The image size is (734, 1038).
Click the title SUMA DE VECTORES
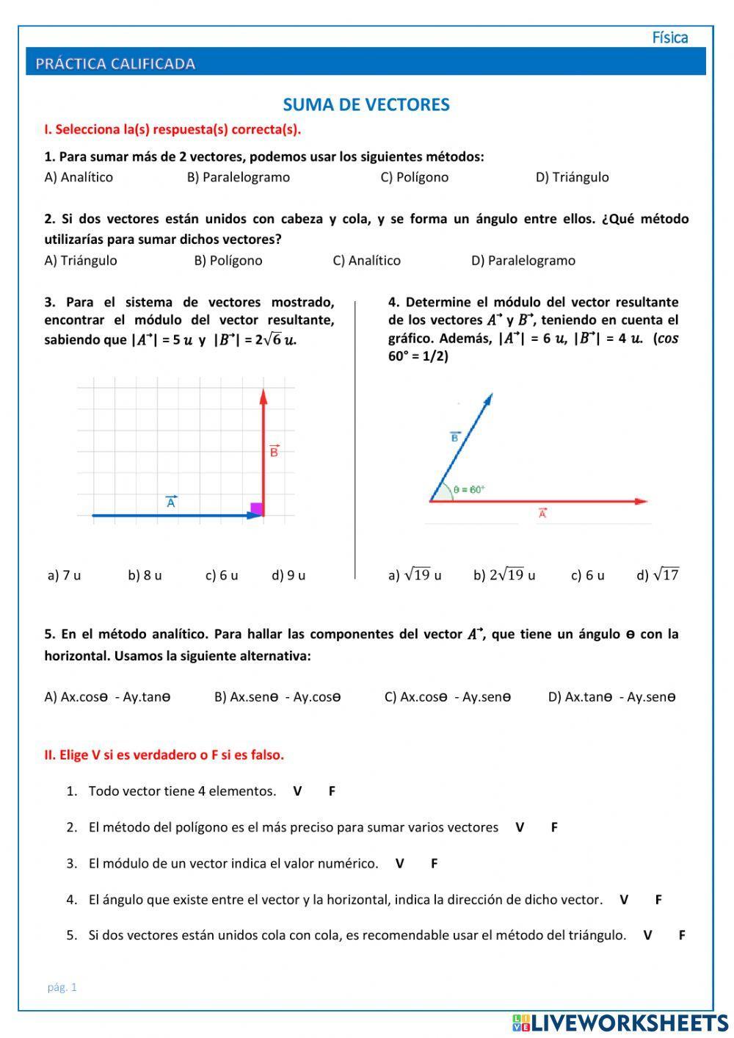click(366, 105)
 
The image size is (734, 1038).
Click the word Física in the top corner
click(669, 37)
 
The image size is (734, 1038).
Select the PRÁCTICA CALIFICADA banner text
click(115, 64)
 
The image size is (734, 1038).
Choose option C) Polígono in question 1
click(414, 177)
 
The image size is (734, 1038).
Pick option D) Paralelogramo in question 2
click(523, 261)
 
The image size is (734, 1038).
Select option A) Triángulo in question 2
click(81, 261)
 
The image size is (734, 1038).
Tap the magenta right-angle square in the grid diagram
click(256, 508)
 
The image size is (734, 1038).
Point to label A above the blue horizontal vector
click(171, 502)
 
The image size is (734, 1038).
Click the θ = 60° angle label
click(469, 489)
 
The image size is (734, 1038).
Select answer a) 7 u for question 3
click(64, 575)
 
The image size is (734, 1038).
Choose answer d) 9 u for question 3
click(288, 575)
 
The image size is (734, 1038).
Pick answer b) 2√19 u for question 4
click(504, 575)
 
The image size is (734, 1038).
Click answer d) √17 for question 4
click(658, 575)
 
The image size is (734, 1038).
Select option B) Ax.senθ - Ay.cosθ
click(277, 697)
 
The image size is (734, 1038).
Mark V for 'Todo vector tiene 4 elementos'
click(297, 791)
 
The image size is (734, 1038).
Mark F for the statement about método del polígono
click(554, 827)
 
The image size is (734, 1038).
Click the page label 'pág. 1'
click(62, 987)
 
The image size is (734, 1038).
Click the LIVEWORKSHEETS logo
click(620, 1023)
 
